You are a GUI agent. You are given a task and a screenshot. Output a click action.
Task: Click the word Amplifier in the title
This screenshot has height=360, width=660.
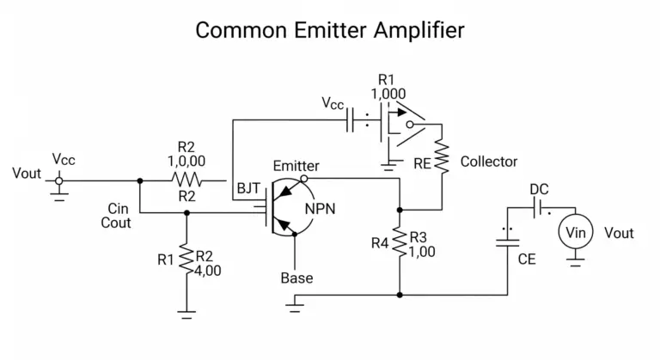coord(419,30)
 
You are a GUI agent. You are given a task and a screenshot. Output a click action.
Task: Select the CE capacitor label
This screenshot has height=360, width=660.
coord(527,259)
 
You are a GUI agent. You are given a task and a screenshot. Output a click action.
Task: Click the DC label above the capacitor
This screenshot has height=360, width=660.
coord(539,189)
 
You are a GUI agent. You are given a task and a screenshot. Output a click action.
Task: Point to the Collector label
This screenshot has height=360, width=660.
coord(489,162)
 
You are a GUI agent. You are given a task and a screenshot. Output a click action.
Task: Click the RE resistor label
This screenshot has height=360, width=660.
coord(422,163)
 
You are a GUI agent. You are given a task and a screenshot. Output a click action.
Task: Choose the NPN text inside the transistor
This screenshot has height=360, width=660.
coord(320,209)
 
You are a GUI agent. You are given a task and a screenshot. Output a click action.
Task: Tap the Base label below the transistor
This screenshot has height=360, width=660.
coord(296,278)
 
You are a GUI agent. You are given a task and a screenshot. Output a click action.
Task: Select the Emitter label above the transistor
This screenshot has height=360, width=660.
coord(296,166)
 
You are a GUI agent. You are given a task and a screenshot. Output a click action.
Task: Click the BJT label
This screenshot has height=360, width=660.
coord(248,188)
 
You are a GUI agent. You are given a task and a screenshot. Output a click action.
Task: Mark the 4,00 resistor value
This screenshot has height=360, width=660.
coord(208,271)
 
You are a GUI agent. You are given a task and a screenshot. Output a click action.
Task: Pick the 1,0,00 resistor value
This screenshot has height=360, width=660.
coord(186,161)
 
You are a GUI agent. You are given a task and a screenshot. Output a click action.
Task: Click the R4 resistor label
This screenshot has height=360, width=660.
coord(380,243)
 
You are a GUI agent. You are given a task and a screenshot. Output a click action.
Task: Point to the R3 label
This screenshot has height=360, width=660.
coord(418,237)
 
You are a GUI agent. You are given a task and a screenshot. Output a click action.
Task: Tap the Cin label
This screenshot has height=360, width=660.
coord(118,209)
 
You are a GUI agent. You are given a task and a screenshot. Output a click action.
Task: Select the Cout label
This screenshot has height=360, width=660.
coord(116,223)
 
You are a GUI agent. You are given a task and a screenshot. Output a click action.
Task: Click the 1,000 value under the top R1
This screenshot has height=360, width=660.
coord(388,94)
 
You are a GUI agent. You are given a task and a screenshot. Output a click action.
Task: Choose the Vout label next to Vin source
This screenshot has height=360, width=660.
coord(619,233)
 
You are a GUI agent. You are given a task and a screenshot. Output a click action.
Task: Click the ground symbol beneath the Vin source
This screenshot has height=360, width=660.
coord(576,263)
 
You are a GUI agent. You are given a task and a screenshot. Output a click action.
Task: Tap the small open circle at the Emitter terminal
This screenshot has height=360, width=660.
coord(303,179)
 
